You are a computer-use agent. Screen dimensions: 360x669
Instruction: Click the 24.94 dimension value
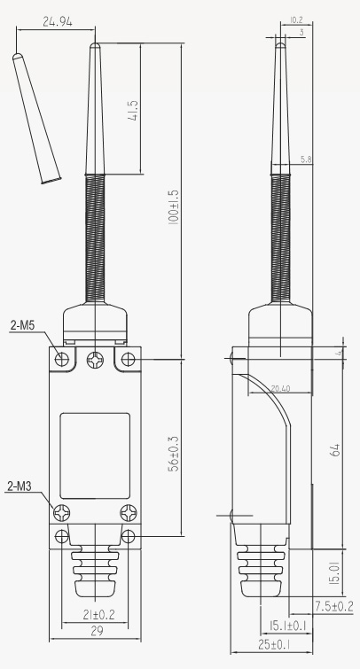(x=58, y=21)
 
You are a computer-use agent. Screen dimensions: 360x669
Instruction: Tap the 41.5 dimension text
(x=133, y=111)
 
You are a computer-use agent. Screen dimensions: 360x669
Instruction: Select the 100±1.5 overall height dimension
(x=174, y=206)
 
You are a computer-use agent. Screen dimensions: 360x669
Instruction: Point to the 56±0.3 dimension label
(x=174, y=454)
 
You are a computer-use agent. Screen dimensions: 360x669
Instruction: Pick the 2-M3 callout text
(x=20, y=486)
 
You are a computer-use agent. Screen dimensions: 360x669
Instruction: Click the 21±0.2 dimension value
(x=98, y=614)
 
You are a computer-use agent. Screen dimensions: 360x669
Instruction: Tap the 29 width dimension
(x=98, y=631)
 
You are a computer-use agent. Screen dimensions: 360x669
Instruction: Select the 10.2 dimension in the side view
(x=296, y=19)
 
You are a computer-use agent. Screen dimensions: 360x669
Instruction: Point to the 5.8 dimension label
(x=306, y=159)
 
